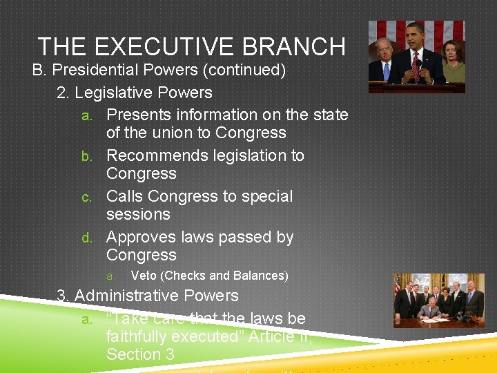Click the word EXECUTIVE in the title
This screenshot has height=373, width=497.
(x=159, y=46)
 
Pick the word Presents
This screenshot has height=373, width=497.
(x=138, y=115)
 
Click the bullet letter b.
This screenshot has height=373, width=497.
(x=87, y=156)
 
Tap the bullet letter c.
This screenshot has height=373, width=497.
(x=87, y=197)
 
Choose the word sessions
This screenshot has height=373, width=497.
(x=138, y=214)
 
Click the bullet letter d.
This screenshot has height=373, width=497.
(x=87, y=238)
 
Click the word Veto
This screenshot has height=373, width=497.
(x=143, y=276)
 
